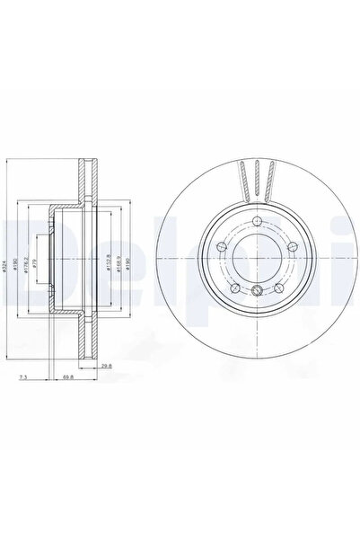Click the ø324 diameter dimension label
[x=7, y=267]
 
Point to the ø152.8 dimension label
[x=106, y=267]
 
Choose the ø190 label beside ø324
[x=19, y=267]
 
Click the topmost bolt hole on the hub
[x=257, y=224]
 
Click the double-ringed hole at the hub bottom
[x=257, y=290]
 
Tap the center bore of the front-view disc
[x=257, y=258]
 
